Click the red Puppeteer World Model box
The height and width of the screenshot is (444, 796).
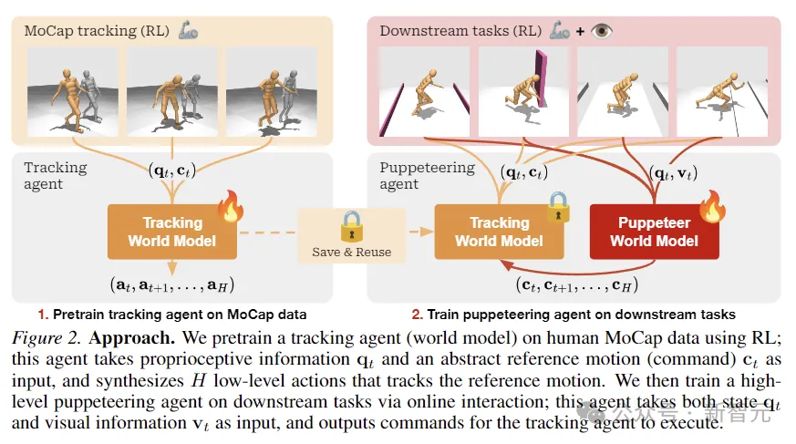[x=654, y=231]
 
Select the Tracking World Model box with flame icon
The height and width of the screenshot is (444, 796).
[x=172, y=232]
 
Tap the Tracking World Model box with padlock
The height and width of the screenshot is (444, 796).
[x=498, y=232]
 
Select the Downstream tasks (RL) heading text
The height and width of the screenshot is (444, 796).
[x=461, y=30]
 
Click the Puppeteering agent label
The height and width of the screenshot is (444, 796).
[x=427, y=175]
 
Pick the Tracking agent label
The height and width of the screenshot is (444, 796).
[x=56, y=175]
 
